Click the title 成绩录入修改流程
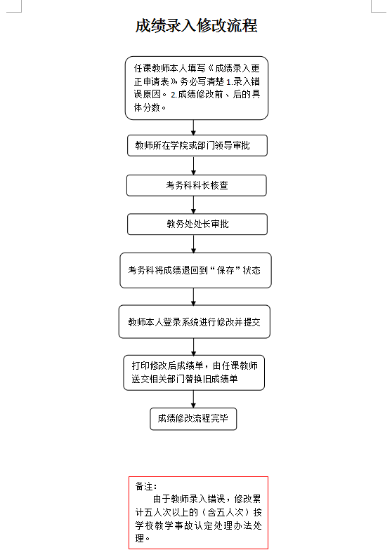196,25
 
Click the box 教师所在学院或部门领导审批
197,145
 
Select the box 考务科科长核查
197,185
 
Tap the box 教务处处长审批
197,224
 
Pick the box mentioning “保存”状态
195,270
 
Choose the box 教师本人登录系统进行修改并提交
194,322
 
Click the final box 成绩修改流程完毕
193,419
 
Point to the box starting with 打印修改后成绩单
194,373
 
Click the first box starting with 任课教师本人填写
197,88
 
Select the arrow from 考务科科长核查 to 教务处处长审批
193,205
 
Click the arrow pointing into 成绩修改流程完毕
193,399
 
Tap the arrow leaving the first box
193,127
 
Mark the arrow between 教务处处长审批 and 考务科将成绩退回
193,244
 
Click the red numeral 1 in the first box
229,82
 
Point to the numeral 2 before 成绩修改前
174,95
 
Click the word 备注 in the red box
144,486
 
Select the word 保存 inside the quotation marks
226,270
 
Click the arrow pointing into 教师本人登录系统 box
193,297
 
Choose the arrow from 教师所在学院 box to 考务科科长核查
193,166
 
